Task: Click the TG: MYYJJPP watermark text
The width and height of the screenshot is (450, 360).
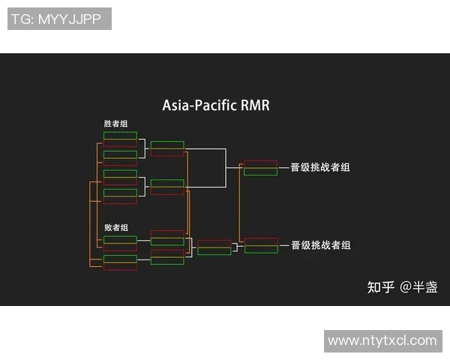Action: pos(59,19)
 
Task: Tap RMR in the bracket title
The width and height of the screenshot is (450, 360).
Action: pos(255,106)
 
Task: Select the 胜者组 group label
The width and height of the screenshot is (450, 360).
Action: pos(115,124)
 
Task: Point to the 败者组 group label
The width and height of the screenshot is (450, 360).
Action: pos(116,227)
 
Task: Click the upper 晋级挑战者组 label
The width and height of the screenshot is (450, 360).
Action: pos(320,167)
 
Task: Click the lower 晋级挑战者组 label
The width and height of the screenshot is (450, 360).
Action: pos(320,245)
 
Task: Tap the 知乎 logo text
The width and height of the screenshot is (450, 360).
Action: pos(380,286)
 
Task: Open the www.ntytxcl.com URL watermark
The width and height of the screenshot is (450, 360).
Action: pos(382,340)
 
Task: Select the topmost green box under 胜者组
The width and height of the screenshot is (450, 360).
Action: pos(120,136)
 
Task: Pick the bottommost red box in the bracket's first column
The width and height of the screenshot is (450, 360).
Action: pos(120,267)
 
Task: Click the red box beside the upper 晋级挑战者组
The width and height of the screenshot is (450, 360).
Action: pos(261,163)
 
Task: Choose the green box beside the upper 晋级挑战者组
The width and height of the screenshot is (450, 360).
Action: pos(261,172)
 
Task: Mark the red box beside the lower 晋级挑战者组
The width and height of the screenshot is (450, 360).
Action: pos(261,241)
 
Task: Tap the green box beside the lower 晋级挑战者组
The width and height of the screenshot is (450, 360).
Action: pos(261,250)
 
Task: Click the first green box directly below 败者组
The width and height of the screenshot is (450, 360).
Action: pos(120,239)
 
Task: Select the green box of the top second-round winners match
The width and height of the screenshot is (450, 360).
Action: pos(167,145)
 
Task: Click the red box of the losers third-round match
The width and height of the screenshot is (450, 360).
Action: pos(214,243)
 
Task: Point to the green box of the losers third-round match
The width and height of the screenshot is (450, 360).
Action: pos(214,251)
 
